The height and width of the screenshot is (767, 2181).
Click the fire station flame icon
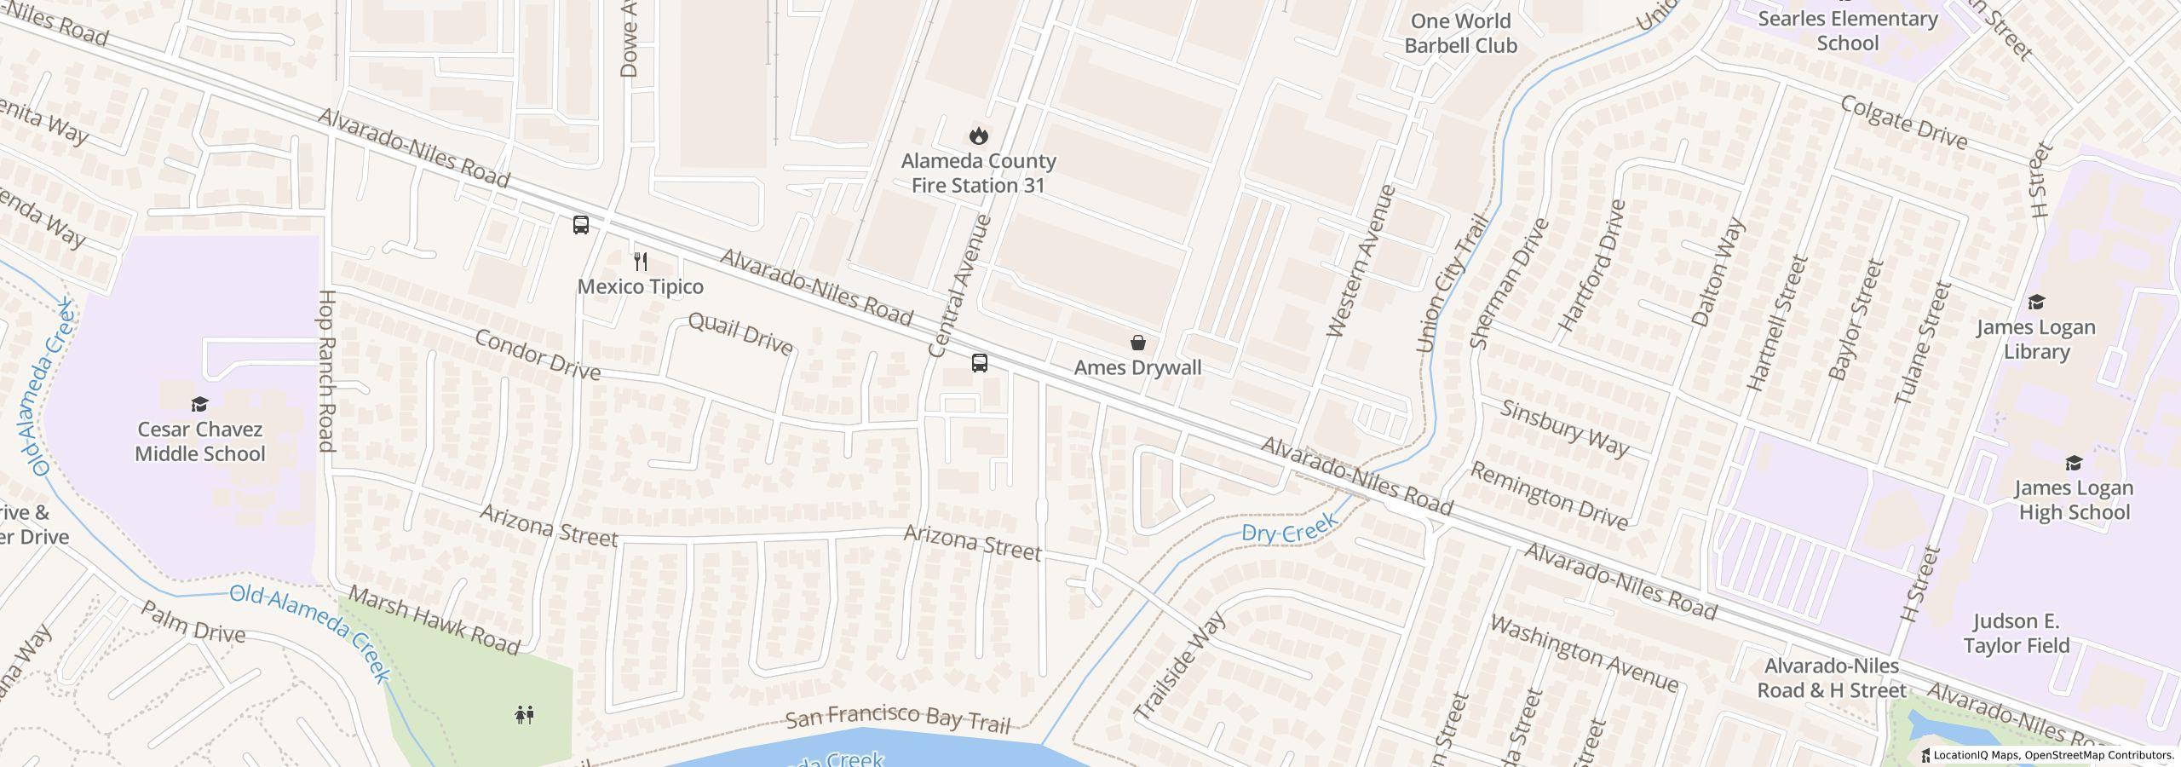coord(978,136)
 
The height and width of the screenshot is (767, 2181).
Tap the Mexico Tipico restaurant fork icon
coord(641,261)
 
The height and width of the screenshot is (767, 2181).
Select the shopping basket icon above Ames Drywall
coord(1137,343)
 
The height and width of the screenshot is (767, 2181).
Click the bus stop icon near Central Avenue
coord(980,363)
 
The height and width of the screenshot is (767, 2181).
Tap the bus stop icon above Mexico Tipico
coord(580,225)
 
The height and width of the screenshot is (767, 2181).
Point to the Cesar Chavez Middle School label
coord(200,441)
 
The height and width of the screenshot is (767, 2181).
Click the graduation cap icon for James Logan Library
coord(2036,302)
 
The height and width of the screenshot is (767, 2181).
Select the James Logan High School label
coord(2073,499)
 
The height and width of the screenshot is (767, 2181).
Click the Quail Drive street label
coord(739,333)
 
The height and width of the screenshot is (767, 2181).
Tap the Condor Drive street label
coord(537,354)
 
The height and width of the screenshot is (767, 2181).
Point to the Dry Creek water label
coord(1289,528)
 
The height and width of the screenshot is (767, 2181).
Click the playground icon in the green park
coord(525,714)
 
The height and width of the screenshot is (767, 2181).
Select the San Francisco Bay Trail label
coord(896,719)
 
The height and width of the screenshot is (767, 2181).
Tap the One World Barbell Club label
coord(1460,33)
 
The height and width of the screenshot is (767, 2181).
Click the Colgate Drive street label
coord(1903,122)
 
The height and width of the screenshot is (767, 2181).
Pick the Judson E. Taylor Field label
coord(2016,633)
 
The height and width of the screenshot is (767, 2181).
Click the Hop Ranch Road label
coord(327,371)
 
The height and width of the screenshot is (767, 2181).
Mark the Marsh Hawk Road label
coord(434,620)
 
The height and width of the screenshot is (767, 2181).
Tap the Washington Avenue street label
coord(1584,653)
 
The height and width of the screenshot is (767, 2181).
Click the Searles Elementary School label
coord(1847,31)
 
